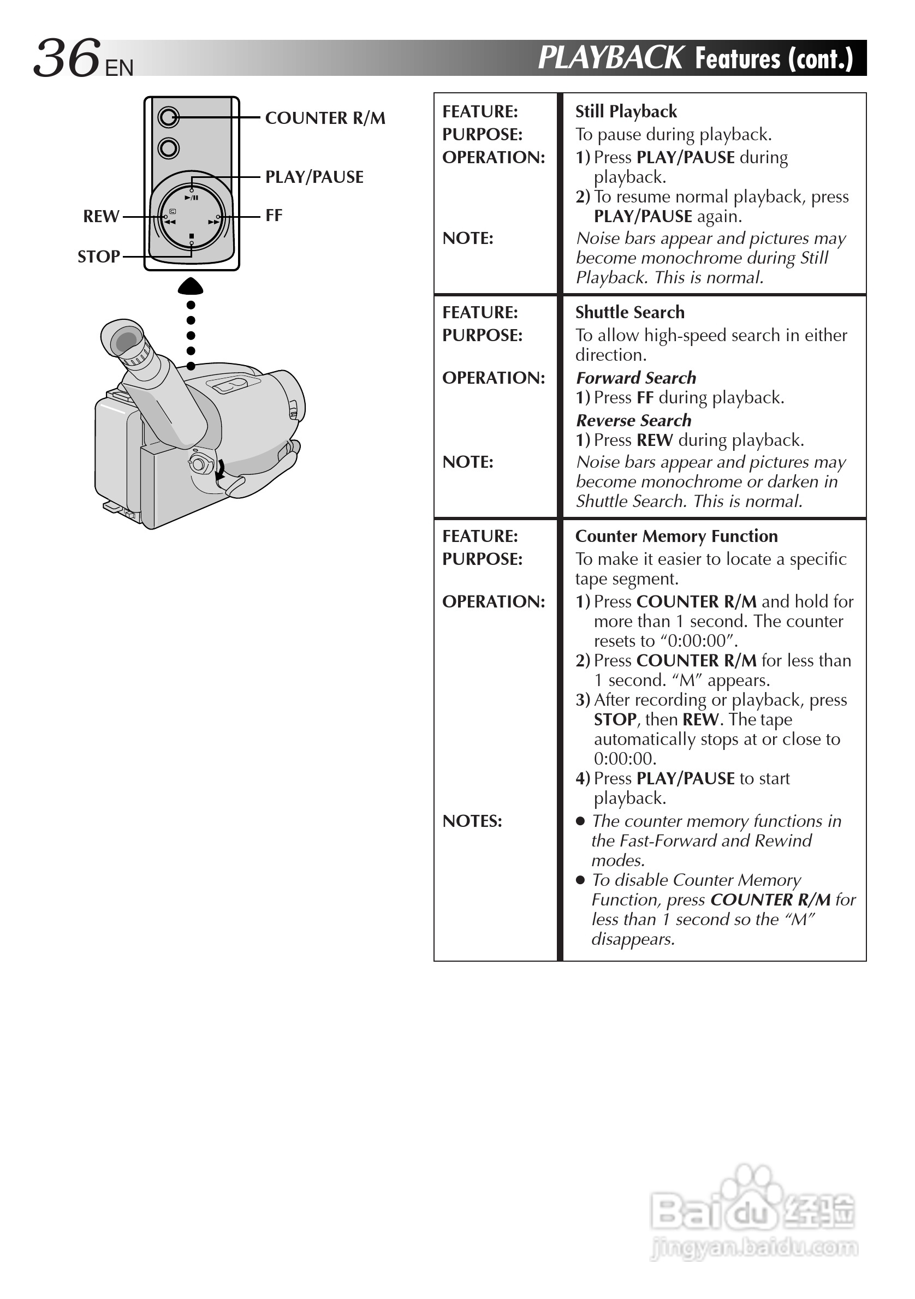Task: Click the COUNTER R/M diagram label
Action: (325, 118)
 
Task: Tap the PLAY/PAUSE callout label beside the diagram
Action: (314, 177)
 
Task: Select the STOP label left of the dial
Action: (98, 257)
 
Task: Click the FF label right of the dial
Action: (274, 216)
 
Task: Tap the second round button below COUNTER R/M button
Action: (168, 148)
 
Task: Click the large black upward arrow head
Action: (190, 287)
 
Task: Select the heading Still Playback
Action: (626, 111)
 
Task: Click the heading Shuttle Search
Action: (630, 312)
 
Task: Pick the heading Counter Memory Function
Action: (676, 536)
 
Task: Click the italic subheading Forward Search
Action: (636, 378)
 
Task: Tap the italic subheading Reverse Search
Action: (634, 420)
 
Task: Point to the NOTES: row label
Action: (472, 821)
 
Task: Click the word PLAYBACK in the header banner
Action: (610, 58)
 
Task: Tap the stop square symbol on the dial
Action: (192, 236)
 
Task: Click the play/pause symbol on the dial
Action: (191, 198)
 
